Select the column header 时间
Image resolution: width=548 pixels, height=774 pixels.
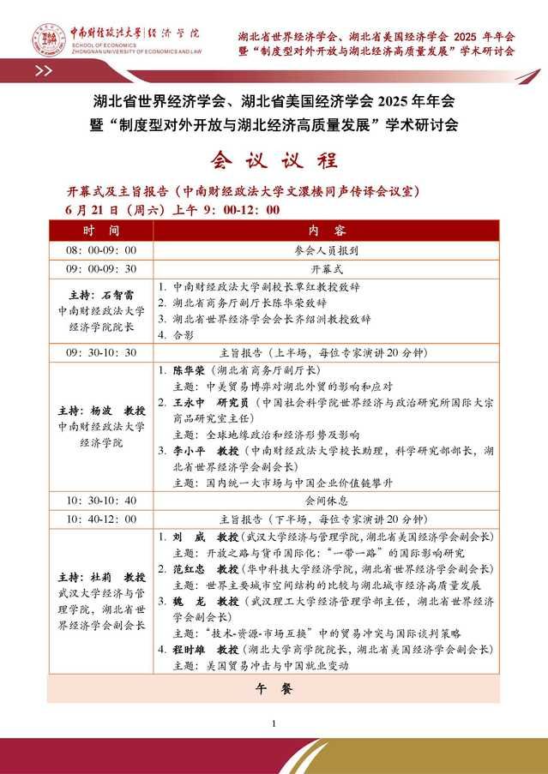tap(101, 231)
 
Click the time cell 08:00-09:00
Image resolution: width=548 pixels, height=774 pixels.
tap(101, 250)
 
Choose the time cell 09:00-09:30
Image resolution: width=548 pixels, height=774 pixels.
tap(101, 268)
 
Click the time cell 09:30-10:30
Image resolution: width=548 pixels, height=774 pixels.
tap(101, 352)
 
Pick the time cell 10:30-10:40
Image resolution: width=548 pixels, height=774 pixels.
tap(101, 500)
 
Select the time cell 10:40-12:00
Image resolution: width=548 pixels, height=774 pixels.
tap(101, 519)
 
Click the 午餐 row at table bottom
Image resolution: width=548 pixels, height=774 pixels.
tap(274, 688)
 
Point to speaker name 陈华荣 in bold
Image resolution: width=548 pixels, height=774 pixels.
tap(189, 370)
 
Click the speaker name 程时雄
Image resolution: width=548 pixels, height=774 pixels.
tap(189, 650)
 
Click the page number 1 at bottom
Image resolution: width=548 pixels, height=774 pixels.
tap(274, 724)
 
